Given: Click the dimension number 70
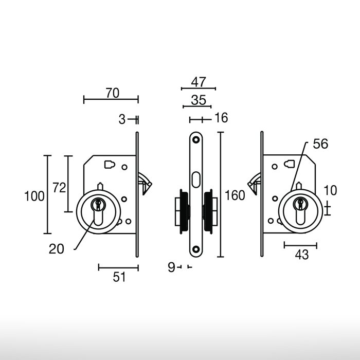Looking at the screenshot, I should [112, 93].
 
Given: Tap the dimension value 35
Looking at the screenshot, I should [199, 100].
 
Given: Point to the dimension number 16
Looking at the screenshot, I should [221, 118].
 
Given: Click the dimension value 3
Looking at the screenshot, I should [122, 119].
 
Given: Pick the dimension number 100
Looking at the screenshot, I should [34, 195].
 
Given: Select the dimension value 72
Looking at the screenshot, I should [59, 188].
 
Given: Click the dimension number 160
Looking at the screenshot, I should [235, 195].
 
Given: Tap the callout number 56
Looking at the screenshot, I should [320, 145].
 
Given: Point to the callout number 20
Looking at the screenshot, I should [57, 249].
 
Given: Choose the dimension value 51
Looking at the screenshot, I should [119, 277].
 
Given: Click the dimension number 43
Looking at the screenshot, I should [301, 255].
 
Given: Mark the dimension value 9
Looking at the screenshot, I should [171, 267].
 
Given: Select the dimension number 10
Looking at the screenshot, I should [330, 190].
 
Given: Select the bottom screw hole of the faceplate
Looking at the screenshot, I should [196, 250].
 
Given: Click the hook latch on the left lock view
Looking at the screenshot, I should [146, 183].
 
